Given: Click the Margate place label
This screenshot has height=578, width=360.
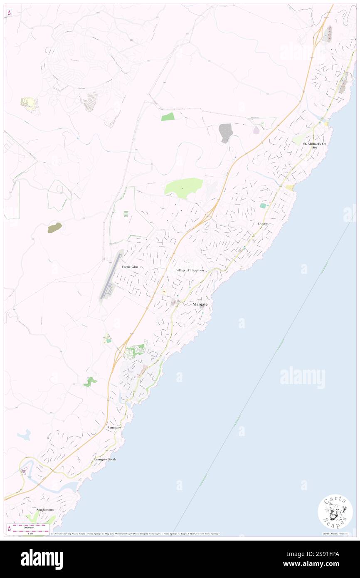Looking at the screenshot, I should point(200,305).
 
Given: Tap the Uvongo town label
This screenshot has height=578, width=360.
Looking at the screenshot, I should point(263,224).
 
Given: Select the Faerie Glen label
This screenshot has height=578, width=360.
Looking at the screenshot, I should point(129,267).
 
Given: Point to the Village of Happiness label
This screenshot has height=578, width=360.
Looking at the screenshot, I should point(190,270).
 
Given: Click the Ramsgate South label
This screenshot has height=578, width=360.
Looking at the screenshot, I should point(104,459).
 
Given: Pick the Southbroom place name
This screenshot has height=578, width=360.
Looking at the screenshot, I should point(45,509).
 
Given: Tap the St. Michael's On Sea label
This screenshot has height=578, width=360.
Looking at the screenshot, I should point(315,146).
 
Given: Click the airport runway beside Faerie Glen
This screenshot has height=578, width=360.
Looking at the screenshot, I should point(110,275).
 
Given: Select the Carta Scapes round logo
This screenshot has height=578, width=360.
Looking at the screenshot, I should point(335,511).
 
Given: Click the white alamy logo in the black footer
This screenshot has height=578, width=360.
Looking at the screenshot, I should point(42,559).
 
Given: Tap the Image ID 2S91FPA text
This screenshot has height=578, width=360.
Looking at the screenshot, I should point(311,554).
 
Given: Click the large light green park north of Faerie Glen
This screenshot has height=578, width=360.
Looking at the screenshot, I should point(183,187).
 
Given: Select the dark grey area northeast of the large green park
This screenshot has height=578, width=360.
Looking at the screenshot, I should point(225,133).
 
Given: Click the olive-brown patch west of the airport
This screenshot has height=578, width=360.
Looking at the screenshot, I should point(54,227).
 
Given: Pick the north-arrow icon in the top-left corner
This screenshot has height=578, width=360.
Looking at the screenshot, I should point(9,13).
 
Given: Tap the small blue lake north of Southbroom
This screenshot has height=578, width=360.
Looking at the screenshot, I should point(25,435).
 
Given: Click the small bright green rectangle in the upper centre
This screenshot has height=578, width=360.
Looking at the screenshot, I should point(168,117).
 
